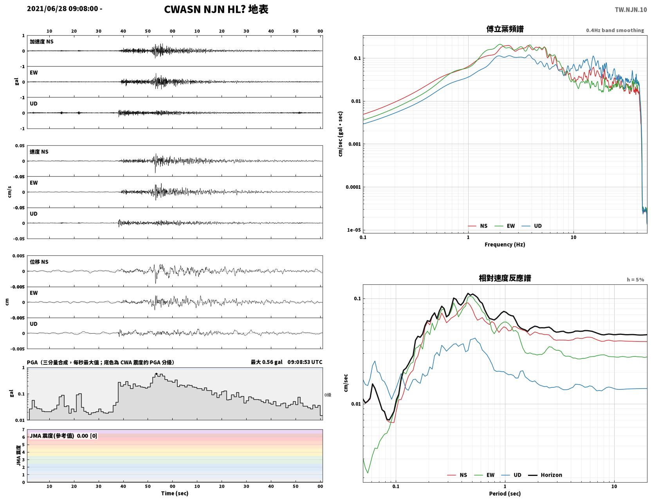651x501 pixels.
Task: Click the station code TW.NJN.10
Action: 631,10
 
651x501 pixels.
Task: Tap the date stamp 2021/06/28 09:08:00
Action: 63,9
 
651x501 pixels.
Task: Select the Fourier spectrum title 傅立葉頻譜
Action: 505,29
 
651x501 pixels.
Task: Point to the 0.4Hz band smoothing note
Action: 615,30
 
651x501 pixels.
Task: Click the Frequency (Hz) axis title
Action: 505,244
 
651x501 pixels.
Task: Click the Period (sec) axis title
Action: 505,494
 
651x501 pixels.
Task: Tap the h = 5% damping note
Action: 635,280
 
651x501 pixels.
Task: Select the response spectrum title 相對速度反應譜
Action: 505,278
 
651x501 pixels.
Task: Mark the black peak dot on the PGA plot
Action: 156,374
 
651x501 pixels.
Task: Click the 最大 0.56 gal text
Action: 266,362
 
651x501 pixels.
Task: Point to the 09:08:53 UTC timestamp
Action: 305,362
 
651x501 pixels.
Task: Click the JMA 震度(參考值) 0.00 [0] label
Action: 63,436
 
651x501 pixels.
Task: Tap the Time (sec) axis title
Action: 175,493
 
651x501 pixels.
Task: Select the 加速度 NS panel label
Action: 41,42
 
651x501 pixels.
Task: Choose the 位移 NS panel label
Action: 39,262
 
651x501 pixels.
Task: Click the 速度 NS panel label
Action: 39,152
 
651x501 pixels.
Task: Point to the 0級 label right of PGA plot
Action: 328,395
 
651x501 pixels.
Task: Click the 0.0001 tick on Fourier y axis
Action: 353,187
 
